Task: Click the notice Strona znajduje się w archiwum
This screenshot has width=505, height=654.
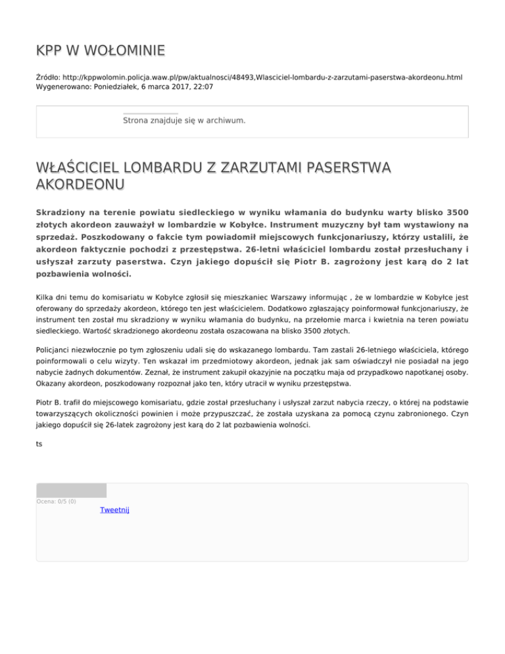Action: click(184, 121)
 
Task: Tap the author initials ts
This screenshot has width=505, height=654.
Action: click(39, 444)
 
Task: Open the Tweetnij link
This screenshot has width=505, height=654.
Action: click(114, 510)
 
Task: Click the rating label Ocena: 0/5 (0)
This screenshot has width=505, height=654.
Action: click(56, 502)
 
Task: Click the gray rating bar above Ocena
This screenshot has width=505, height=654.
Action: click(71, 490)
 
